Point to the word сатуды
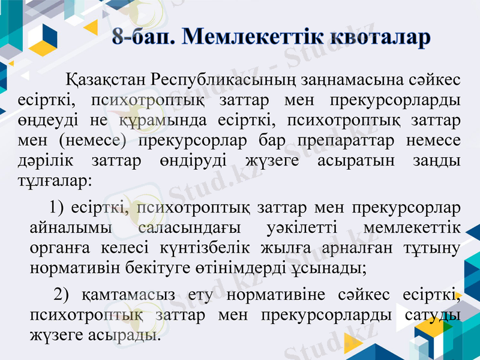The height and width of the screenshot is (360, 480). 430,314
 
